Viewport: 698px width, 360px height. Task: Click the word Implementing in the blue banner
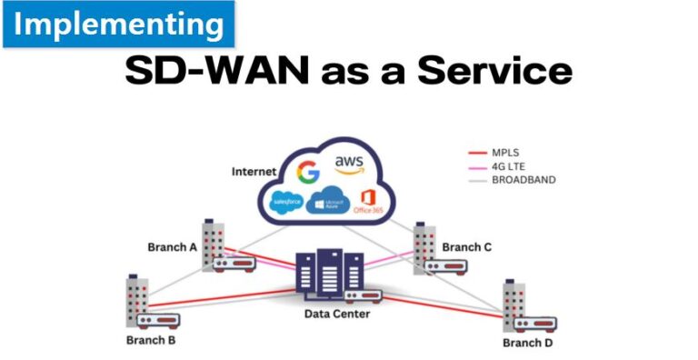(x=118, y=25)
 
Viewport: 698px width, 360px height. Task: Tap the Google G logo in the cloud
(x=309, y=171)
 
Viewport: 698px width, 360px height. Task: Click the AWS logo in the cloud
(x=349, y=165)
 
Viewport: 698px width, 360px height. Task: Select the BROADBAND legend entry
(x=521, y=180)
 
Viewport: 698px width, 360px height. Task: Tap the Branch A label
(x=173, y=246)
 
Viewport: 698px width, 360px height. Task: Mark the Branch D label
(x=527, y=343)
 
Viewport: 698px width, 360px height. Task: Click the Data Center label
(x=339, y=315)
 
